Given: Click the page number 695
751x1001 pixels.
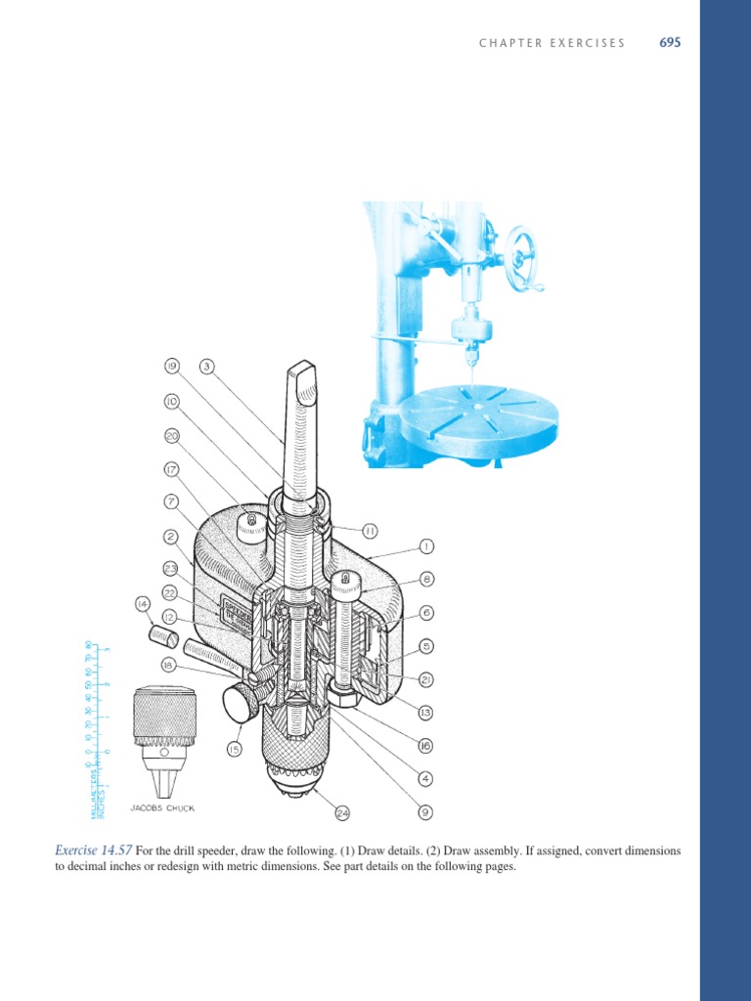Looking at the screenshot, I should pos(670,43).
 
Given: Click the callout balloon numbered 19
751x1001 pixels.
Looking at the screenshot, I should pos(171,367).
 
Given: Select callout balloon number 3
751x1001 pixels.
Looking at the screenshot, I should pos(206,367).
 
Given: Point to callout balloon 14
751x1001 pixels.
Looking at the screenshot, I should pos(142,604).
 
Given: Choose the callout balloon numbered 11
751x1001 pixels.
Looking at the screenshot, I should pos(369,531).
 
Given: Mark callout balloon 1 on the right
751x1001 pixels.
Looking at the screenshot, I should pos(425,544).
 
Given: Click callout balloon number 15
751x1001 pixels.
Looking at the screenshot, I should pos(234,749).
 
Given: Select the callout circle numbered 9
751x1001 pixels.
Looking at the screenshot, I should pos(425,811).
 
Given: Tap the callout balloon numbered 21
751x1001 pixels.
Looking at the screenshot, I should pos(425,679).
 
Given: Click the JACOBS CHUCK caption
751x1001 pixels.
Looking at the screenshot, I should pos(157,808).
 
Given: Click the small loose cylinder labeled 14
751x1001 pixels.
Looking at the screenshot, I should pos(163,636).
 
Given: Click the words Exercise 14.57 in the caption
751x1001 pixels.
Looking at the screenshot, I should pos(93,851).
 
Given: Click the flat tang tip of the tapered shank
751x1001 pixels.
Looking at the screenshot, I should pos(302,372).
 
